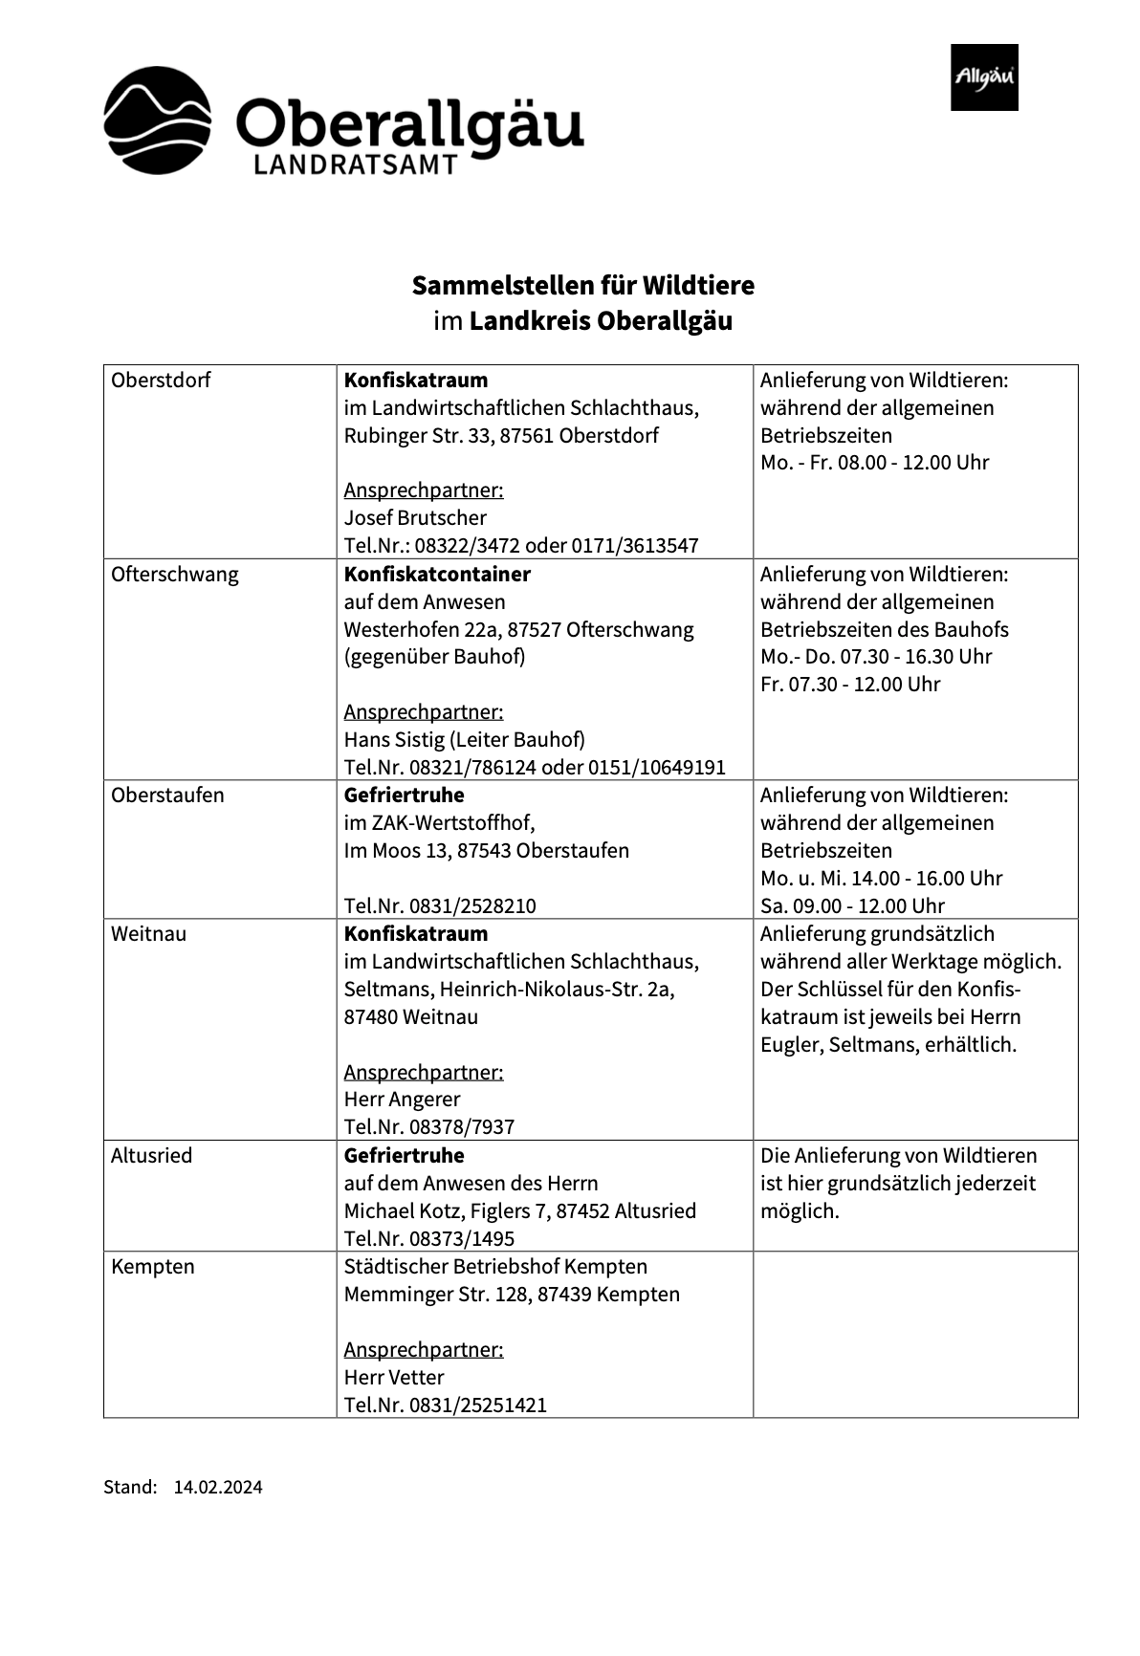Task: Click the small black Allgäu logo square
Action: coord(983,77)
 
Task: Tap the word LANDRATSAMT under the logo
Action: coord(355,166)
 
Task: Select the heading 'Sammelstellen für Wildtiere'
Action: coord(582,285)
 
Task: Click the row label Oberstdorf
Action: coord(161,381)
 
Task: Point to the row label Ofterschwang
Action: coord(174,575)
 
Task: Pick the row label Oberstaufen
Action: coord(167,795)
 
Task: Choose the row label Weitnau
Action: coord(148,934)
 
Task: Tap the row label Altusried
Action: coord(151,1156)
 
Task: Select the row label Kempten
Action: coord(152,1267)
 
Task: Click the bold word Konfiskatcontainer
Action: coord(437,575)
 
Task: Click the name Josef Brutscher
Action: coord(415,518)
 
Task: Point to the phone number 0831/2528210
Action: coord(472,906)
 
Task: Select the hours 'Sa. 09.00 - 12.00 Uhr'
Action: coord(852,906)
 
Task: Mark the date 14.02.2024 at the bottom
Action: coord(218,1488)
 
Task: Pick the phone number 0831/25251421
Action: coord(478,1405)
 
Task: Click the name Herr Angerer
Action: coord(402,1100)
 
